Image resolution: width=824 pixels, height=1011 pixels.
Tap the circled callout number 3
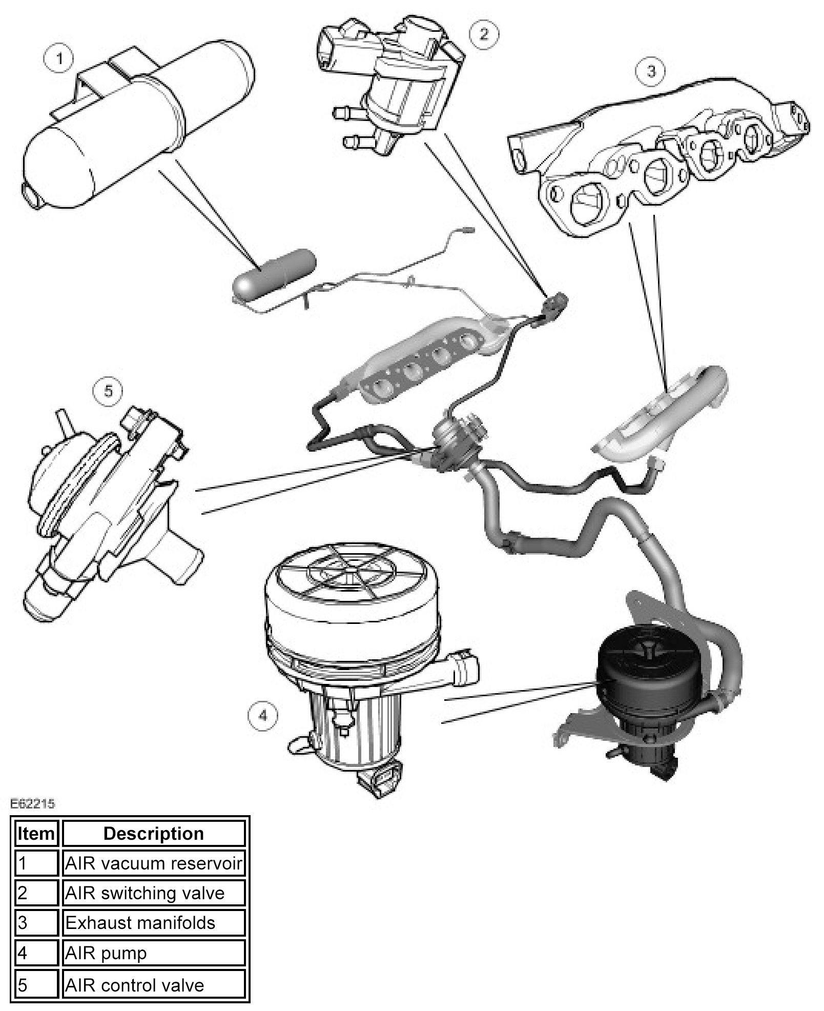651,71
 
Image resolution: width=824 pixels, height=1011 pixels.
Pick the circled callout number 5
108,391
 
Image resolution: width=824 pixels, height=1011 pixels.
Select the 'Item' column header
36,834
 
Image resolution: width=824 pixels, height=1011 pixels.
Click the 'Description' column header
153,834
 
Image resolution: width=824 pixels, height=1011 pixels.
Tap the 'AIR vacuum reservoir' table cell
153,864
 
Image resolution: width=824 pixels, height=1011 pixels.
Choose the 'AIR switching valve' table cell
153,893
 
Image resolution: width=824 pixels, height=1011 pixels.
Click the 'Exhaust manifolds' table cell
153,923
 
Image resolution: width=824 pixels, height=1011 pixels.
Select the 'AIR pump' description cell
153,953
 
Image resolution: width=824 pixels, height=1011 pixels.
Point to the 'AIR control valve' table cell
153,985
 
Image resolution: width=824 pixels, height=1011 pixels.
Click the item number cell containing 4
36,953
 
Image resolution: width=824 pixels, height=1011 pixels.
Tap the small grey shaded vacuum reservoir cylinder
274,271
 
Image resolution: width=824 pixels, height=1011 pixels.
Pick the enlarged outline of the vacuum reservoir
138,128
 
